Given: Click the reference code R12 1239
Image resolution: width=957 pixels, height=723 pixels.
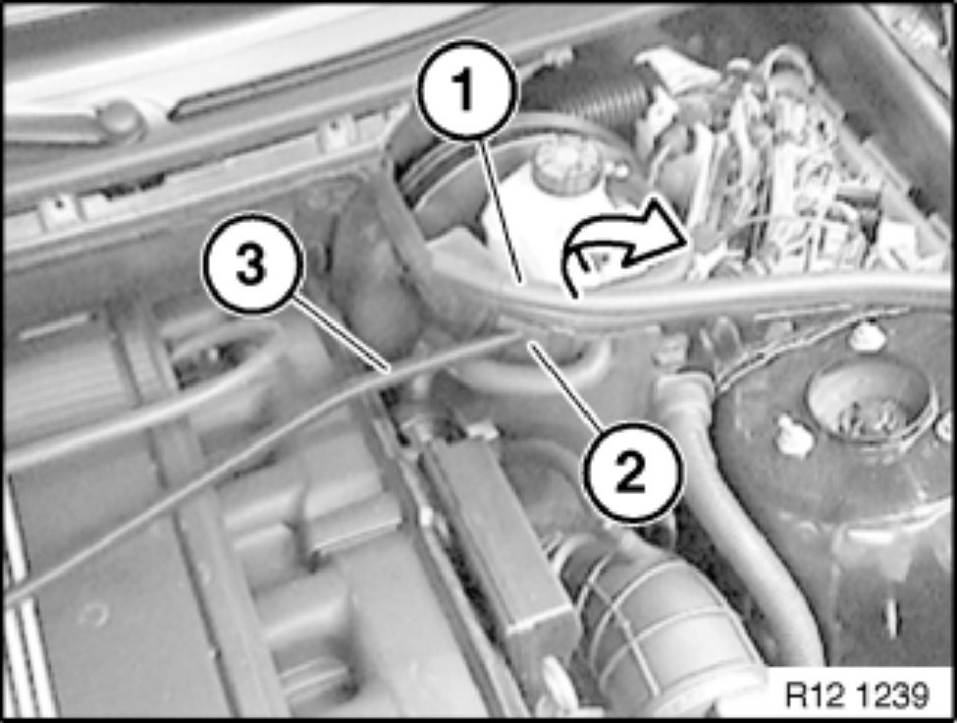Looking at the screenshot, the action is tap(857, 695).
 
